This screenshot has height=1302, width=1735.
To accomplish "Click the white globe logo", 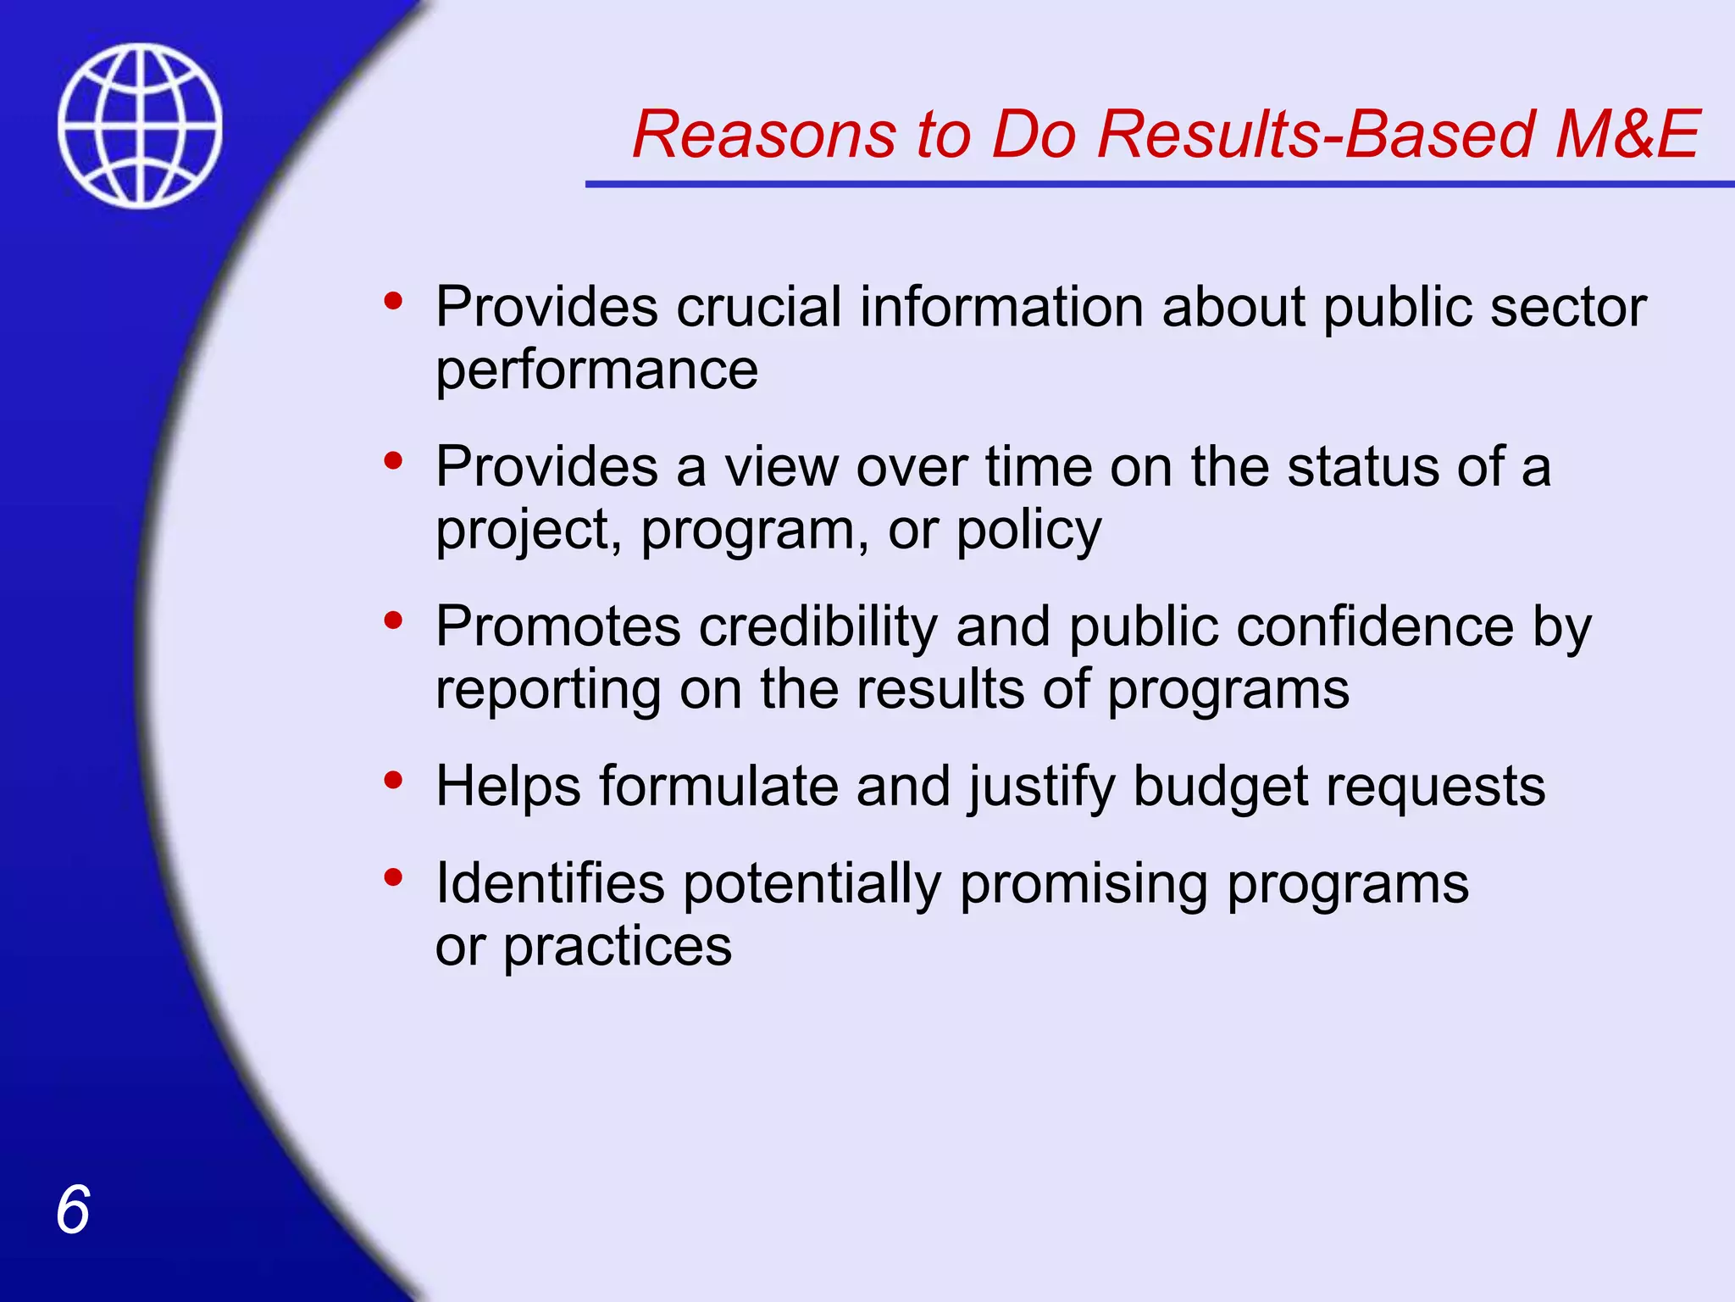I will [140, 125].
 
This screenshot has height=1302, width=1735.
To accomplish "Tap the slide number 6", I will [73, 1210].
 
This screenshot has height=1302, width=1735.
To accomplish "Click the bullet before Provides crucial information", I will [392, 301].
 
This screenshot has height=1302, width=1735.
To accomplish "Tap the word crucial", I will [758, 307].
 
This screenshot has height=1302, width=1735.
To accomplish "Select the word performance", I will [596, 370].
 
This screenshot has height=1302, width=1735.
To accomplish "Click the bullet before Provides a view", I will [392, 461].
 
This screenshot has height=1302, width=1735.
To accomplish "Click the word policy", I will [1028, 531].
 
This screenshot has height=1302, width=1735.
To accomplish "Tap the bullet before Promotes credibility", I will [392, 620].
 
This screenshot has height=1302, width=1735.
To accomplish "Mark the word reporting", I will [547, 689].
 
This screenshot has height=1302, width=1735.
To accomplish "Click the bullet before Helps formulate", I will [392, 780].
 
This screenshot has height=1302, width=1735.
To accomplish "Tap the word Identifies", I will [550, 883].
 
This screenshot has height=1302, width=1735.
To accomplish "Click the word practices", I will [617, 947].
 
